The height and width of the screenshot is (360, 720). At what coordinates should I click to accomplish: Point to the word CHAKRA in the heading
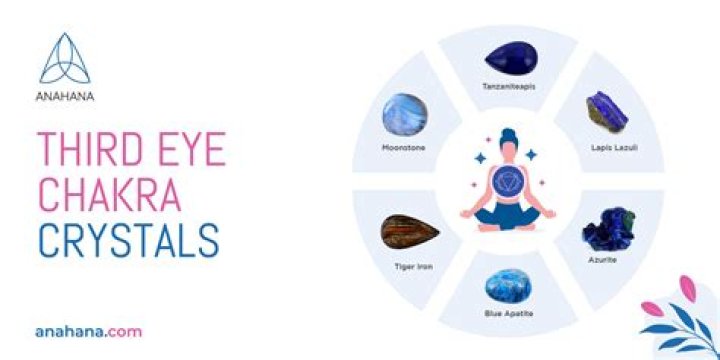(x=108, y=197)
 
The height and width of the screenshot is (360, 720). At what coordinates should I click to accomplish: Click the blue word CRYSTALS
(x=128, y=241)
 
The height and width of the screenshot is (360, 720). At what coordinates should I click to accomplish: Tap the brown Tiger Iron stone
(x=409, y=233)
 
